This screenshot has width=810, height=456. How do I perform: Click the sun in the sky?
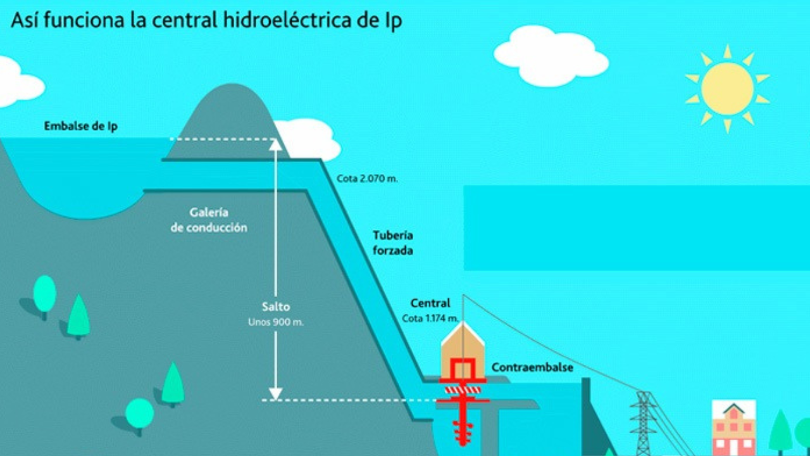coord(727,89)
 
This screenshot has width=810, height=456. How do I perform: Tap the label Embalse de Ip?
coord(80,126)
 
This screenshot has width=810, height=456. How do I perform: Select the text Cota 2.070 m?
coord(367,179)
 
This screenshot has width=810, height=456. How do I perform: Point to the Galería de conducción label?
coord(209,220)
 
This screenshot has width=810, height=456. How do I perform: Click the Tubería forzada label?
coord(393,243)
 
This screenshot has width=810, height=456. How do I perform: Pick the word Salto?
coord(276,307)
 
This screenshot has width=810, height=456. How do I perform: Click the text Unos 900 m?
coord(276,322)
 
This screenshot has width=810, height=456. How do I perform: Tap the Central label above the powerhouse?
coord(430,303)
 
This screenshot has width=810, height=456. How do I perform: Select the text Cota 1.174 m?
coord(430,319)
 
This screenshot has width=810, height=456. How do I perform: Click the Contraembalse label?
coord(532,367)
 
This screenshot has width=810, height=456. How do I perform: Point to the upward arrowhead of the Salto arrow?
coord(275,144)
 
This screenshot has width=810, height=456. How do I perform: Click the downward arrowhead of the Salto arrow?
coord(275,394)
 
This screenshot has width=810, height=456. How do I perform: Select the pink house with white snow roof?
coord(733,427)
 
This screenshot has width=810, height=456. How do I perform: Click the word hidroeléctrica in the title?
coord(287,20)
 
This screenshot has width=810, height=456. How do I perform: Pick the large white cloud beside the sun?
coord(551,56)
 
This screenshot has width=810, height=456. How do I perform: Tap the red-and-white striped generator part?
coord(463,390)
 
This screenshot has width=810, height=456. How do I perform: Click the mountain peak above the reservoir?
coord(232,87)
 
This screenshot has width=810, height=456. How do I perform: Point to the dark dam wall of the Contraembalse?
coord(593,416)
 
